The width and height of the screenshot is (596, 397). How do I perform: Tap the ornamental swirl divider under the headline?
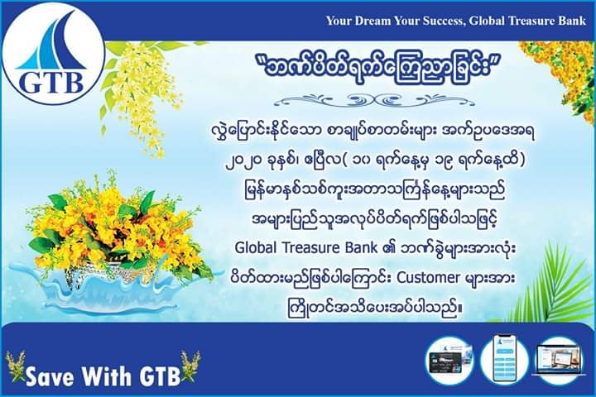click(374, 100)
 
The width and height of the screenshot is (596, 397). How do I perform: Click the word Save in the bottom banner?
click(50, 375)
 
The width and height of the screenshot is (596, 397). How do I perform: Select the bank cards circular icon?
click(450, 360)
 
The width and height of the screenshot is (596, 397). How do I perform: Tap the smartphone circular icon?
click(504, 358)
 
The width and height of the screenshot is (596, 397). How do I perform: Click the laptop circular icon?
click(558, 359)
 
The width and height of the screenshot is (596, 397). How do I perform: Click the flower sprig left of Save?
click(16, 366)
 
